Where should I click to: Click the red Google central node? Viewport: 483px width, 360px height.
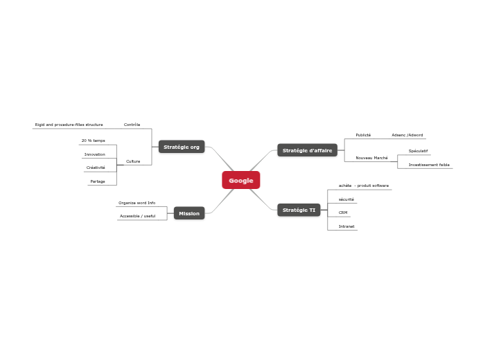coord(241,180)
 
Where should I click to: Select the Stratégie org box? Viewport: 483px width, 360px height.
coord(182,147)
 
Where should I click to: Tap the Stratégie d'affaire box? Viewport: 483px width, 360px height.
coord(307,150)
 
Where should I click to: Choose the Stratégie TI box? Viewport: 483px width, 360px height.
coord(299,210)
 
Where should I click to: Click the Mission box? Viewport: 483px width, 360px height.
coord(189,213)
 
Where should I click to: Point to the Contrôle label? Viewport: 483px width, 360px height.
coord(132,125)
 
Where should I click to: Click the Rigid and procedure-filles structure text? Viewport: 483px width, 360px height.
coord(69,125)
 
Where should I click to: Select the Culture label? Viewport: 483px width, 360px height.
coord(133,161)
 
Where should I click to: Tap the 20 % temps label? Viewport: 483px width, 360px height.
coord(94,141)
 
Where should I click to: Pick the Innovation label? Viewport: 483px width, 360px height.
coord(95,154)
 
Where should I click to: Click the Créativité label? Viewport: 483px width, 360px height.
coord(96,168)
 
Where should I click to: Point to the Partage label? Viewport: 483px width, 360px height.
coord(98,181)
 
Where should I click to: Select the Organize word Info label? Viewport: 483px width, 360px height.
coord(137,203)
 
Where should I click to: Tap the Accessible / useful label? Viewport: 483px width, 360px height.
coord(137,216)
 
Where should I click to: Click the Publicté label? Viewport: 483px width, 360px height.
coord(363,135)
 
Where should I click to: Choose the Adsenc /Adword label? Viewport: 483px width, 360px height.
coord(407,135)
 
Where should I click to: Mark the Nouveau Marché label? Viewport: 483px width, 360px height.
coord(371,158)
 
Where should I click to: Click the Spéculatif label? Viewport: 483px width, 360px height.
coord(418,151)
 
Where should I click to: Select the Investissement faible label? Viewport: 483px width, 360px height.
coord(429,165)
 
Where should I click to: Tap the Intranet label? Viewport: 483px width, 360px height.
coord(346,226)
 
